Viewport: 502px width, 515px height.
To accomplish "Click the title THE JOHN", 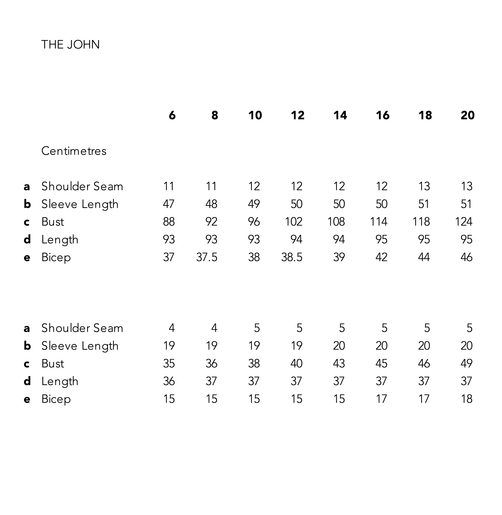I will (70, 45).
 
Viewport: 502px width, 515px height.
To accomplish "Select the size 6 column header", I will (172, 115).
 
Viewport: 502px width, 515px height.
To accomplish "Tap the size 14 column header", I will (340, 115).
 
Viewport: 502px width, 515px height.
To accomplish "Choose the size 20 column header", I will (467, 115).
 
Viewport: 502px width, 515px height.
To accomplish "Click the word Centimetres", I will (74, 151).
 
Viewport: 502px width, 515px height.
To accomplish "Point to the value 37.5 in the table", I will (207, 257).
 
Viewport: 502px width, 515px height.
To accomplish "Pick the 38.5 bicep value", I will (292, 257).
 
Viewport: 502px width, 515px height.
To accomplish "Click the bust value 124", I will (464, 221).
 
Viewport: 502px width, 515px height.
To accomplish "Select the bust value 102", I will (294, 221).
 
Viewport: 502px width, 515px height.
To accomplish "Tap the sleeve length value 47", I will (169, 204).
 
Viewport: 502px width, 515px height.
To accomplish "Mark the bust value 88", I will (169, 221).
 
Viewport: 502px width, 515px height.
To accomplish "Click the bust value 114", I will (378, 221).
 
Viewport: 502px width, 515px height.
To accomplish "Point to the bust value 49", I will (466, 363).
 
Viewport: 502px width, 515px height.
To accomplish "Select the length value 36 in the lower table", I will (169, 381).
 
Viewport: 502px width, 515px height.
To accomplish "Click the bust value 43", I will (339, 363).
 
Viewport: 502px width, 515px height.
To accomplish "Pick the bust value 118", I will (421, 221).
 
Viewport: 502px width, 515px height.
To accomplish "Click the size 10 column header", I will (255, 115).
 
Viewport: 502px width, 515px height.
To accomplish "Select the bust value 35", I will (169, 363).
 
